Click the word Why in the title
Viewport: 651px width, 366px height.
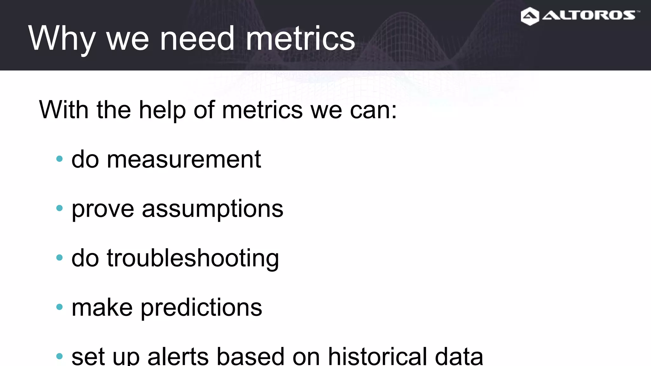[61, 39]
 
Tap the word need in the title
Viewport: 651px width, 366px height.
[197, 39]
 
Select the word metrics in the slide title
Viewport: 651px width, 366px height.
[300, 39]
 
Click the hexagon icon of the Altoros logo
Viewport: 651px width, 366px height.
[530, 16]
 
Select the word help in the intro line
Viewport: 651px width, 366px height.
[162, 110]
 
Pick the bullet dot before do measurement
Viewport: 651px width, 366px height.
[59, 159]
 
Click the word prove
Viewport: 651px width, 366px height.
[103, 209]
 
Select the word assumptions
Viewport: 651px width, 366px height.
[212, 209]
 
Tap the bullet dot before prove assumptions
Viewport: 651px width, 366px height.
[59, 208]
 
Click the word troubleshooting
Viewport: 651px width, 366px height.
[193, 258]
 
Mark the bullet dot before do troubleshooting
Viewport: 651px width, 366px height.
[59, 257]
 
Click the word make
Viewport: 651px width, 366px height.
[102, 307]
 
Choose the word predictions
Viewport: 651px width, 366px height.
[201, 307]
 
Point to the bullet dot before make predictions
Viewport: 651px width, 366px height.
[59, 307]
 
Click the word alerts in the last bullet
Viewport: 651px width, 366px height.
[178, 356]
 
